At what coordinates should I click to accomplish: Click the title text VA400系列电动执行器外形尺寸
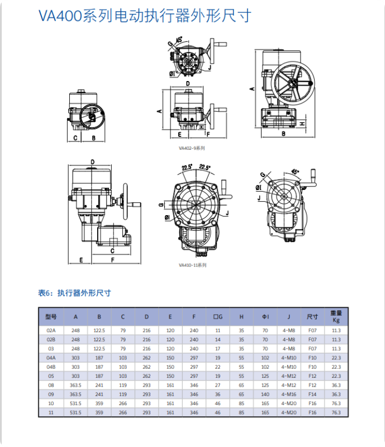pos(144,16)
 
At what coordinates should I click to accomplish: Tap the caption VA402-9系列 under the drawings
pos(192,148)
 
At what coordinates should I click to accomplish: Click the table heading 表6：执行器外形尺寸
pos(74,293)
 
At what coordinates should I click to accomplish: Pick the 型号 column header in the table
pos(51,316)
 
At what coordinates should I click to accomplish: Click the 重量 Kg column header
pos(336,316)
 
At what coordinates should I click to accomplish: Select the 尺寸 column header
pos(312,316)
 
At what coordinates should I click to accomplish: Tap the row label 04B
pos(51,367)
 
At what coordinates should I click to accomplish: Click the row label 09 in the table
pos(51,394)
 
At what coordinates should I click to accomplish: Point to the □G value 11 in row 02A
pos(218,330)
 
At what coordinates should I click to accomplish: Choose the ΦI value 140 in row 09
pos(265,394)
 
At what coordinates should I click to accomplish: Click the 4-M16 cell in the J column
pos(289,394)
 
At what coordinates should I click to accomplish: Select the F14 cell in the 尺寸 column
pos(312,394)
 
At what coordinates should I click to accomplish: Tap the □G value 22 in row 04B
pos(218,367)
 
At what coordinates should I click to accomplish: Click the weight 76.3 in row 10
pos(336,403)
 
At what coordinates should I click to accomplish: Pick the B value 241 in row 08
pos(99,385)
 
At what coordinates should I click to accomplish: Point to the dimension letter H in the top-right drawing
pos(301,123)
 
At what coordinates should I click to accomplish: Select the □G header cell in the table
pos(218,316)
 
